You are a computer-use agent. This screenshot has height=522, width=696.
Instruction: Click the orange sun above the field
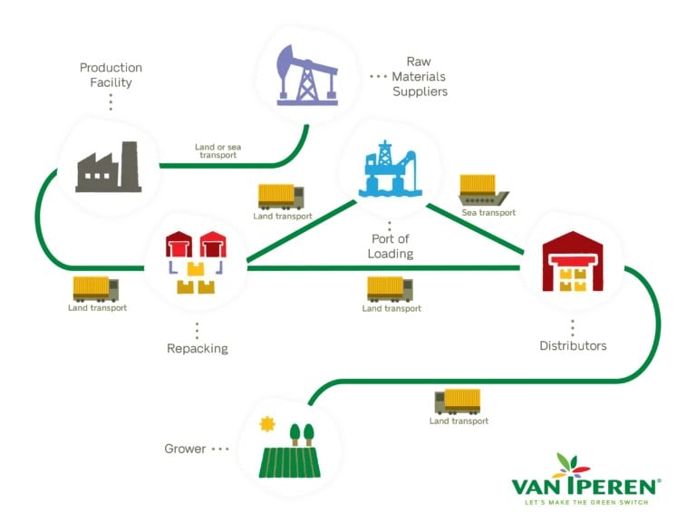point(266,423)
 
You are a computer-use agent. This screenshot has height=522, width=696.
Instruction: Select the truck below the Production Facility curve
point(96,289)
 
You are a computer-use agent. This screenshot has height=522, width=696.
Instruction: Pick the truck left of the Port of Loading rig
point(281,197)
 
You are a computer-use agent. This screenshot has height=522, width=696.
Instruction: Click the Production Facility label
point(111,75)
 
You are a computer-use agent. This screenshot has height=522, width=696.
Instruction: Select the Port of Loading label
point(391,246)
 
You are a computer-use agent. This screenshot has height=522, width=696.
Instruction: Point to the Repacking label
point(198,348)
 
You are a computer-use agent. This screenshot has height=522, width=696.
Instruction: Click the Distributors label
point(573,345)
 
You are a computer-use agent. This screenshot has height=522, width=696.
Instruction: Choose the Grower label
point(185,449)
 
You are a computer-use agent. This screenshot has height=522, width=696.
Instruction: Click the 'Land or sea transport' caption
point(217,150)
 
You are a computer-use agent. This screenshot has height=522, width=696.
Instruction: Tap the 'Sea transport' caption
point(488,213)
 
